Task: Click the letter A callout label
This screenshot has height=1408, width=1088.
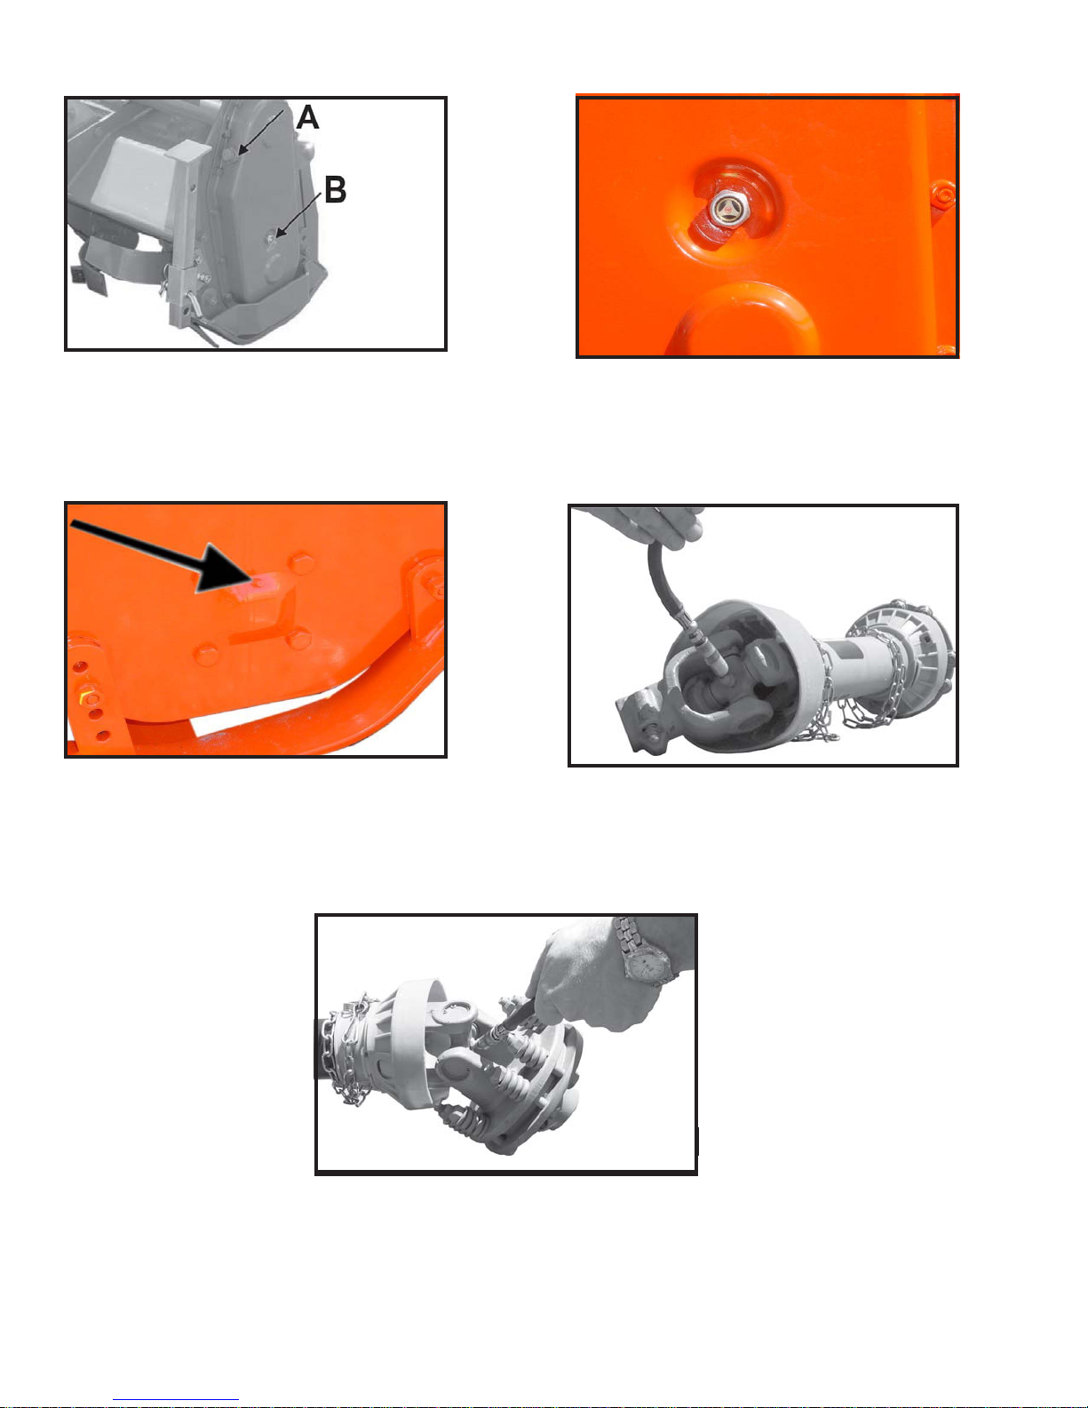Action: point(307,117)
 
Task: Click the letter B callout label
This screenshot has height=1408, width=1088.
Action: point(335,190)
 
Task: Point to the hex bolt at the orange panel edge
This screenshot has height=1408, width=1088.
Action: point(942,195)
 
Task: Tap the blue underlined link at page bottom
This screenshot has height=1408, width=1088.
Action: point(176,1400)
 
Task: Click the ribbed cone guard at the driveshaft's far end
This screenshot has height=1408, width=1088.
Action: point(909,646)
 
